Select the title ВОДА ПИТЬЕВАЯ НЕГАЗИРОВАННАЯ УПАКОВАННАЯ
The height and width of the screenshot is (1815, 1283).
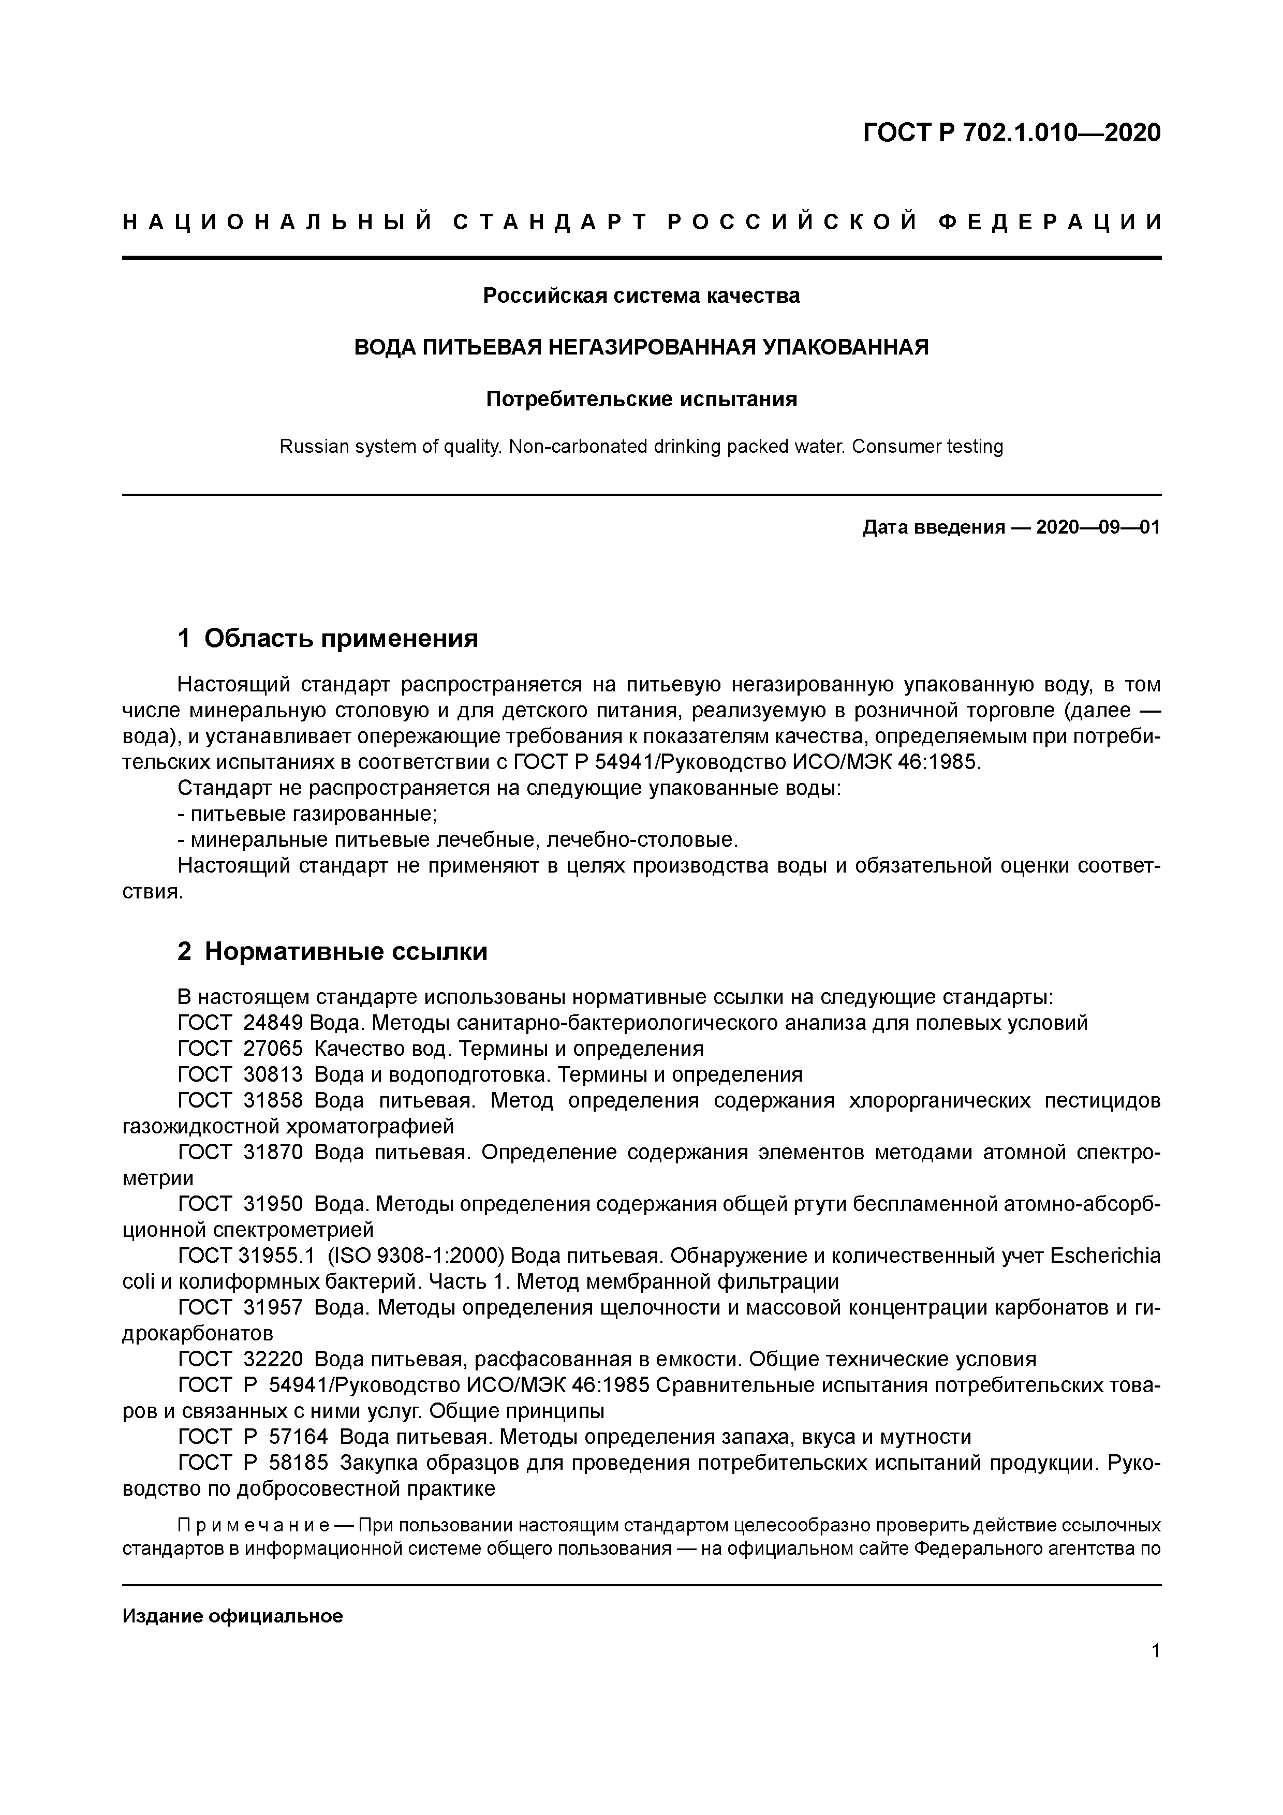[641, 347]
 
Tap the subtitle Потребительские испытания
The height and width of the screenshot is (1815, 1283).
[641, 399]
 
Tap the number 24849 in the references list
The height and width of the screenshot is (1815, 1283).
[273, 1023]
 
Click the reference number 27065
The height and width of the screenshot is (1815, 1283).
[273, 1049]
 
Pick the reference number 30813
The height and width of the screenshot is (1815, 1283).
[273, 1074]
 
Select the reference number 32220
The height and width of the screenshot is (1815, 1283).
[273, 1360]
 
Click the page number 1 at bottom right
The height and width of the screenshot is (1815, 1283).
[1156, 1651]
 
